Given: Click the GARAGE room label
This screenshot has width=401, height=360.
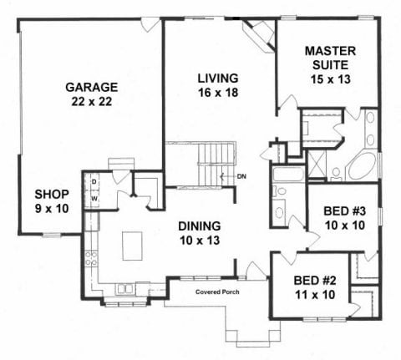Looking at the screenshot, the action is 92,87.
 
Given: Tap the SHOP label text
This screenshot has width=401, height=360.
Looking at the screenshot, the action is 52,195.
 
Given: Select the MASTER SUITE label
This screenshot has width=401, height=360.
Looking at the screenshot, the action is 331,58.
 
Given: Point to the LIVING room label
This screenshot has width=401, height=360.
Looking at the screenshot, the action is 218,79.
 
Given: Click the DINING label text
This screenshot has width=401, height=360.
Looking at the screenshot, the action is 200,226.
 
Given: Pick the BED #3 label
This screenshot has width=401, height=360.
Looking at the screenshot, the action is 345,211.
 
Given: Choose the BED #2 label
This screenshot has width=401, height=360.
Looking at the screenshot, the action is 315,281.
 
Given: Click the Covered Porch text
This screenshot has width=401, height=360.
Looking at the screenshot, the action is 217,292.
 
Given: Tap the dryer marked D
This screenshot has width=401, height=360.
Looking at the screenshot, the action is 94,182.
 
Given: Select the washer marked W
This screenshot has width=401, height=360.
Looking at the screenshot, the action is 94,199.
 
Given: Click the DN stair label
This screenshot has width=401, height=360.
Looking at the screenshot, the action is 241,176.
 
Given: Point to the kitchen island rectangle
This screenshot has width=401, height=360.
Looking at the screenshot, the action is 132,246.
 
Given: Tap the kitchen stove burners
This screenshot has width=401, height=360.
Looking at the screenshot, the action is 91,259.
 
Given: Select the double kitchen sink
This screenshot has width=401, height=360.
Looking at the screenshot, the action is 124,289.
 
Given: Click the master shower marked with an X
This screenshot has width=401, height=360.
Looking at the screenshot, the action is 316,164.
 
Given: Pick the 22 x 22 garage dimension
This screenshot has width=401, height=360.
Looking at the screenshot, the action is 92,101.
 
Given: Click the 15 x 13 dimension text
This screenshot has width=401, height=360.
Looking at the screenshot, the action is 331,79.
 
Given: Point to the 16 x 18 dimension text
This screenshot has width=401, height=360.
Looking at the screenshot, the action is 218,93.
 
